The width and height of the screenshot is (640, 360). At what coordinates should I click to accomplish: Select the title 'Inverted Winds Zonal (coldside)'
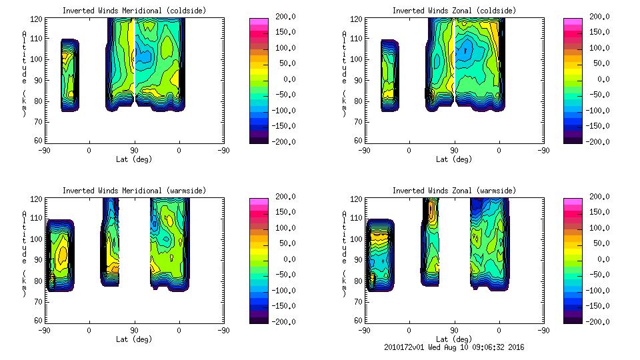point(454,11)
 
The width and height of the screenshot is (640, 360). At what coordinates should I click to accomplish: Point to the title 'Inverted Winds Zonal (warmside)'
point(454,191)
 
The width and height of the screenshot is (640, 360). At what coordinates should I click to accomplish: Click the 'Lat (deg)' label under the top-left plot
point(134,159)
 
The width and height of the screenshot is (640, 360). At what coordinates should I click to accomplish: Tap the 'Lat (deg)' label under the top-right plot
point(454,159)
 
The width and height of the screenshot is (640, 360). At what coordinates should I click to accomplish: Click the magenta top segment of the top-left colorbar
point(258,23)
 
